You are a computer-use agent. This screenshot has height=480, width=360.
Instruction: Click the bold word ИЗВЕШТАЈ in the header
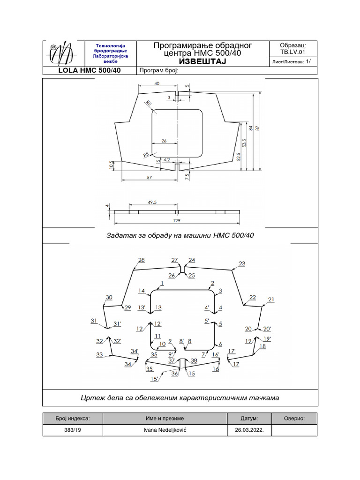(202, 62)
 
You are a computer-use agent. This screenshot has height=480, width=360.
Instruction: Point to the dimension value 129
(177, 220)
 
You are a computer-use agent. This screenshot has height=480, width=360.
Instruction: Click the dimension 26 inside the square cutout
(164, 141)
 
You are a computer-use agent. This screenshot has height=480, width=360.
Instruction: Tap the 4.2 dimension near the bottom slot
(167, 159)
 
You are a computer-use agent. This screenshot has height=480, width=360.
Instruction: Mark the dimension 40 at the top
(157, 83)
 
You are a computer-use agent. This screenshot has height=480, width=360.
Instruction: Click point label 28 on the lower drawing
(141, 260)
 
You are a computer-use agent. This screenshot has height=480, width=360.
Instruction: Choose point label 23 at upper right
(242, 263)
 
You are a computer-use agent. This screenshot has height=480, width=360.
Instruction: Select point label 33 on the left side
(99, 355)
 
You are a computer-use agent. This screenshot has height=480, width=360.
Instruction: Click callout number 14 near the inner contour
(141, 291)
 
